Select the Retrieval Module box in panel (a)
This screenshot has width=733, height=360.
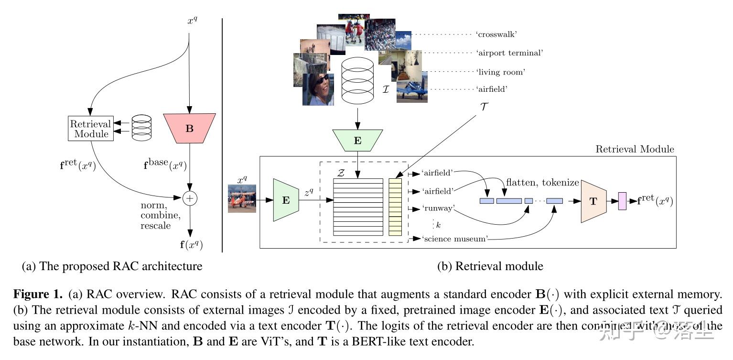coord(91,128)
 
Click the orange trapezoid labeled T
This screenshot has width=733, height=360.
coord(593,201)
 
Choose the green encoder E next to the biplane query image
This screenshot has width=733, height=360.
coord(286,200)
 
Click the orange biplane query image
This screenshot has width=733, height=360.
coord(242,198)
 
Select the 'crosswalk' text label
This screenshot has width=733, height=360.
coord(497,34)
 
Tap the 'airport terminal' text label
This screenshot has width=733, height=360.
coord(510,53)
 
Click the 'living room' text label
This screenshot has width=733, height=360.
coord(500,72)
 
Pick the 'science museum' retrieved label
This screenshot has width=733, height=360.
coord(454,239)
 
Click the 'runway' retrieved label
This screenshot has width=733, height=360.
coord(438,208)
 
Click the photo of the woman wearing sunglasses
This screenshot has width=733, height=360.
coord(318,89)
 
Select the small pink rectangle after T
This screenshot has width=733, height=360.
coord(622,201)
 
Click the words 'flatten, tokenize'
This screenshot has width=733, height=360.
coord(542,182)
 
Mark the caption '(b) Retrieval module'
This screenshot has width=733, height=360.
coord(490,266)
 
